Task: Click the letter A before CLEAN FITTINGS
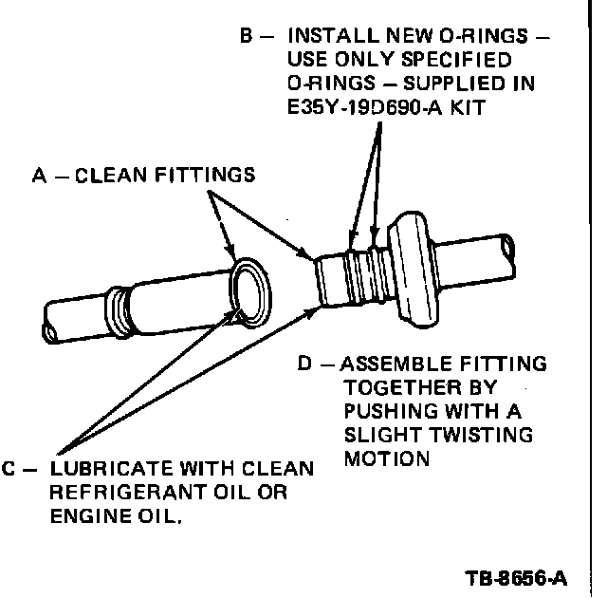coord(38,175)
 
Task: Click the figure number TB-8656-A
coord(518,577)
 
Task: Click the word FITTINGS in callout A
coord(208,175)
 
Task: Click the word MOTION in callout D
coord(387,458)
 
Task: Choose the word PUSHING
coord(388,412)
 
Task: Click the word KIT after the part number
coord(471,107)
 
